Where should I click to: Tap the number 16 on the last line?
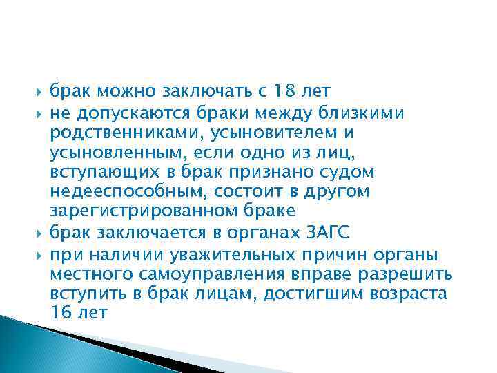pyautogui.click(x=59, y=312)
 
